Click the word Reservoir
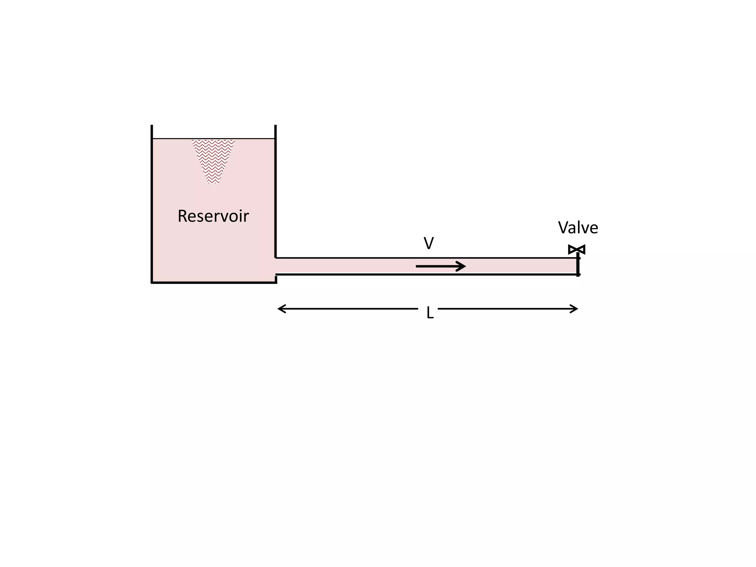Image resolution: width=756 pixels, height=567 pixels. (213, 216)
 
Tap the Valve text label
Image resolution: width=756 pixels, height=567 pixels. (578, 227)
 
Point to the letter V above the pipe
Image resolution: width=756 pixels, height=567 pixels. (429, 243)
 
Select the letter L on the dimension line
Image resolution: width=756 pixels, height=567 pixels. (430, 313)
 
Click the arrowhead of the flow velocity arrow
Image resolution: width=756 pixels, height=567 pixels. (462, 266)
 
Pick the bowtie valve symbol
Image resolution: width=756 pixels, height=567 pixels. (577, 250)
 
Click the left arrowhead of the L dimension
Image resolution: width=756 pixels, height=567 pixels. (280, 309)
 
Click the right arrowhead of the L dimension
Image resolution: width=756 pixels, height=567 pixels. (575, 309)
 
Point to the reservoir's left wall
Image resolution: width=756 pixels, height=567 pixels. (152, 207)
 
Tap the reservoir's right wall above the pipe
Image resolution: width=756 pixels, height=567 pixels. (275, 192)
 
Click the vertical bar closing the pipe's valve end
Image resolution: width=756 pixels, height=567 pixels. (578, 267)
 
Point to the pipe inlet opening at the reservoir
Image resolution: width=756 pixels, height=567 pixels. (276, 266)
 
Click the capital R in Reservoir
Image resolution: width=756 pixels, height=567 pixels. (183, 216)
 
